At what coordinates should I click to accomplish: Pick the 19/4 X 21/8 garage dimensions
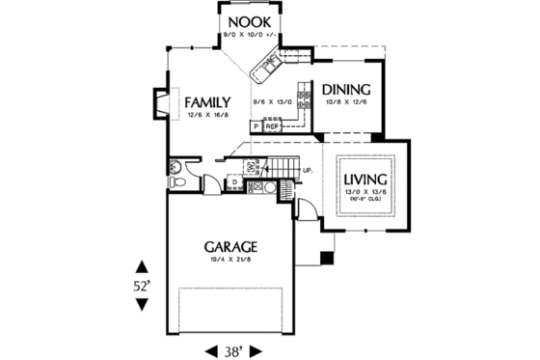[229, 260]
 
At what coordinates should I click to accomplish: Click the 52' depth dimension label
[142, 286]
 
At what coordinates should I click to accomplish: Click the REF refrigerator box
[273, 125]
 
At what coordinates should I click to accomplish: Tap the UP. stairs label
[308, 172]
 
